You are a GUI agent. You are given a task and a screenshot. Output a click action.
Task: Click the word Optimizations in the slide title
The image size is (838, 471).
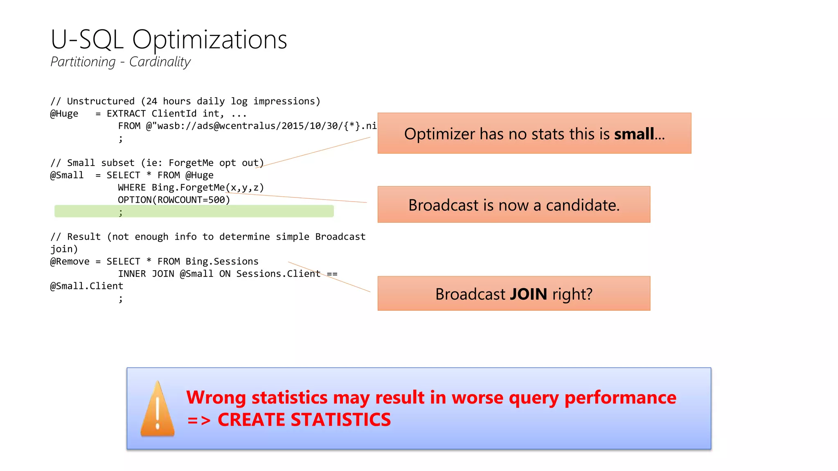(x=209, y=40)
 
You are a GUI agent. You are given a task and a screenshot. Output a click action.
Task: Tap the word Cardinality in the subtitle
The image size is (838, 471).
(x=160, y=62)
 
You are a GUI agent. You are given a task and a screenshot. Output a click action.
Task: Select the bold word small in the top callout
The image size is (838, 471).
(x=634, y=134)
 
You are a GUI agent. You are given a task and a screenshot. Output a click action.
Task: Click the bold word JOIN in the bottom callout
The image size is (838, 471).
(x=528, y=294)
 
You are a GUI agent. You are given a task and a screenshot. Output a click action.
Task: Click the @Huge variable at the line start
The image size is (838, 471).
(x=64, y=114)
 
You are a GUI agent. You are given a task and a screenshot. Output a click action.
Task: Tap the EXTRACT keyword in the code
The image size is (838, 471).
(x=126, y=114)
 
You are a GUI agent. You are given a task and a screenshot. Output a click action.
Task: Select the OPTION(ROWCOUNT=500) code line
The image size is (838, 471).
(x=174, y=200)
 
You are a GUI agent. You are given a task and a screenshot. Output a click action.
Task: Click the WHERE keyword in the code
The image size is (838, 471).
(x=132, y=188)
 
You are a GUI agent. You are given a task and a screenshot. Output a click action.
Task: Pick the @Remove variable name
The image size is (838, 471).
(x=70, y=262)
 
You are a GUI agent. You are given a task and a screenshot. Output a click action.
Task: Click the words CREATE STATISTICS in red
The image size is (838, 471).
(x=304, y=420)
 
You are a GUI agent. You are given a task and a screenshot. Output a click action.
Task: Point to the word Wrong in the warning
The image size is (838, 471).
(x=216, y=397)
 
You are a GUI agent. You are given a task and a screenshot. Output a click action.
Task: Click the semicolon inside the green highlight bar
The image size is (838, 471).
(x=121, y=212)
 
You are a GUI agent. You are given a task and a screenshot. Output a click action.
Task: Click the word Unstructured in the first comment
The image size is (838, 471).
(x=101, y=101)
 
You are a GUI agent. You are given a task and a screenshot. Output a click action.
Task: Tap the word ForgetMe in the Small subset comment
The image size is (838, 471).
(x=191, y=163)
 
